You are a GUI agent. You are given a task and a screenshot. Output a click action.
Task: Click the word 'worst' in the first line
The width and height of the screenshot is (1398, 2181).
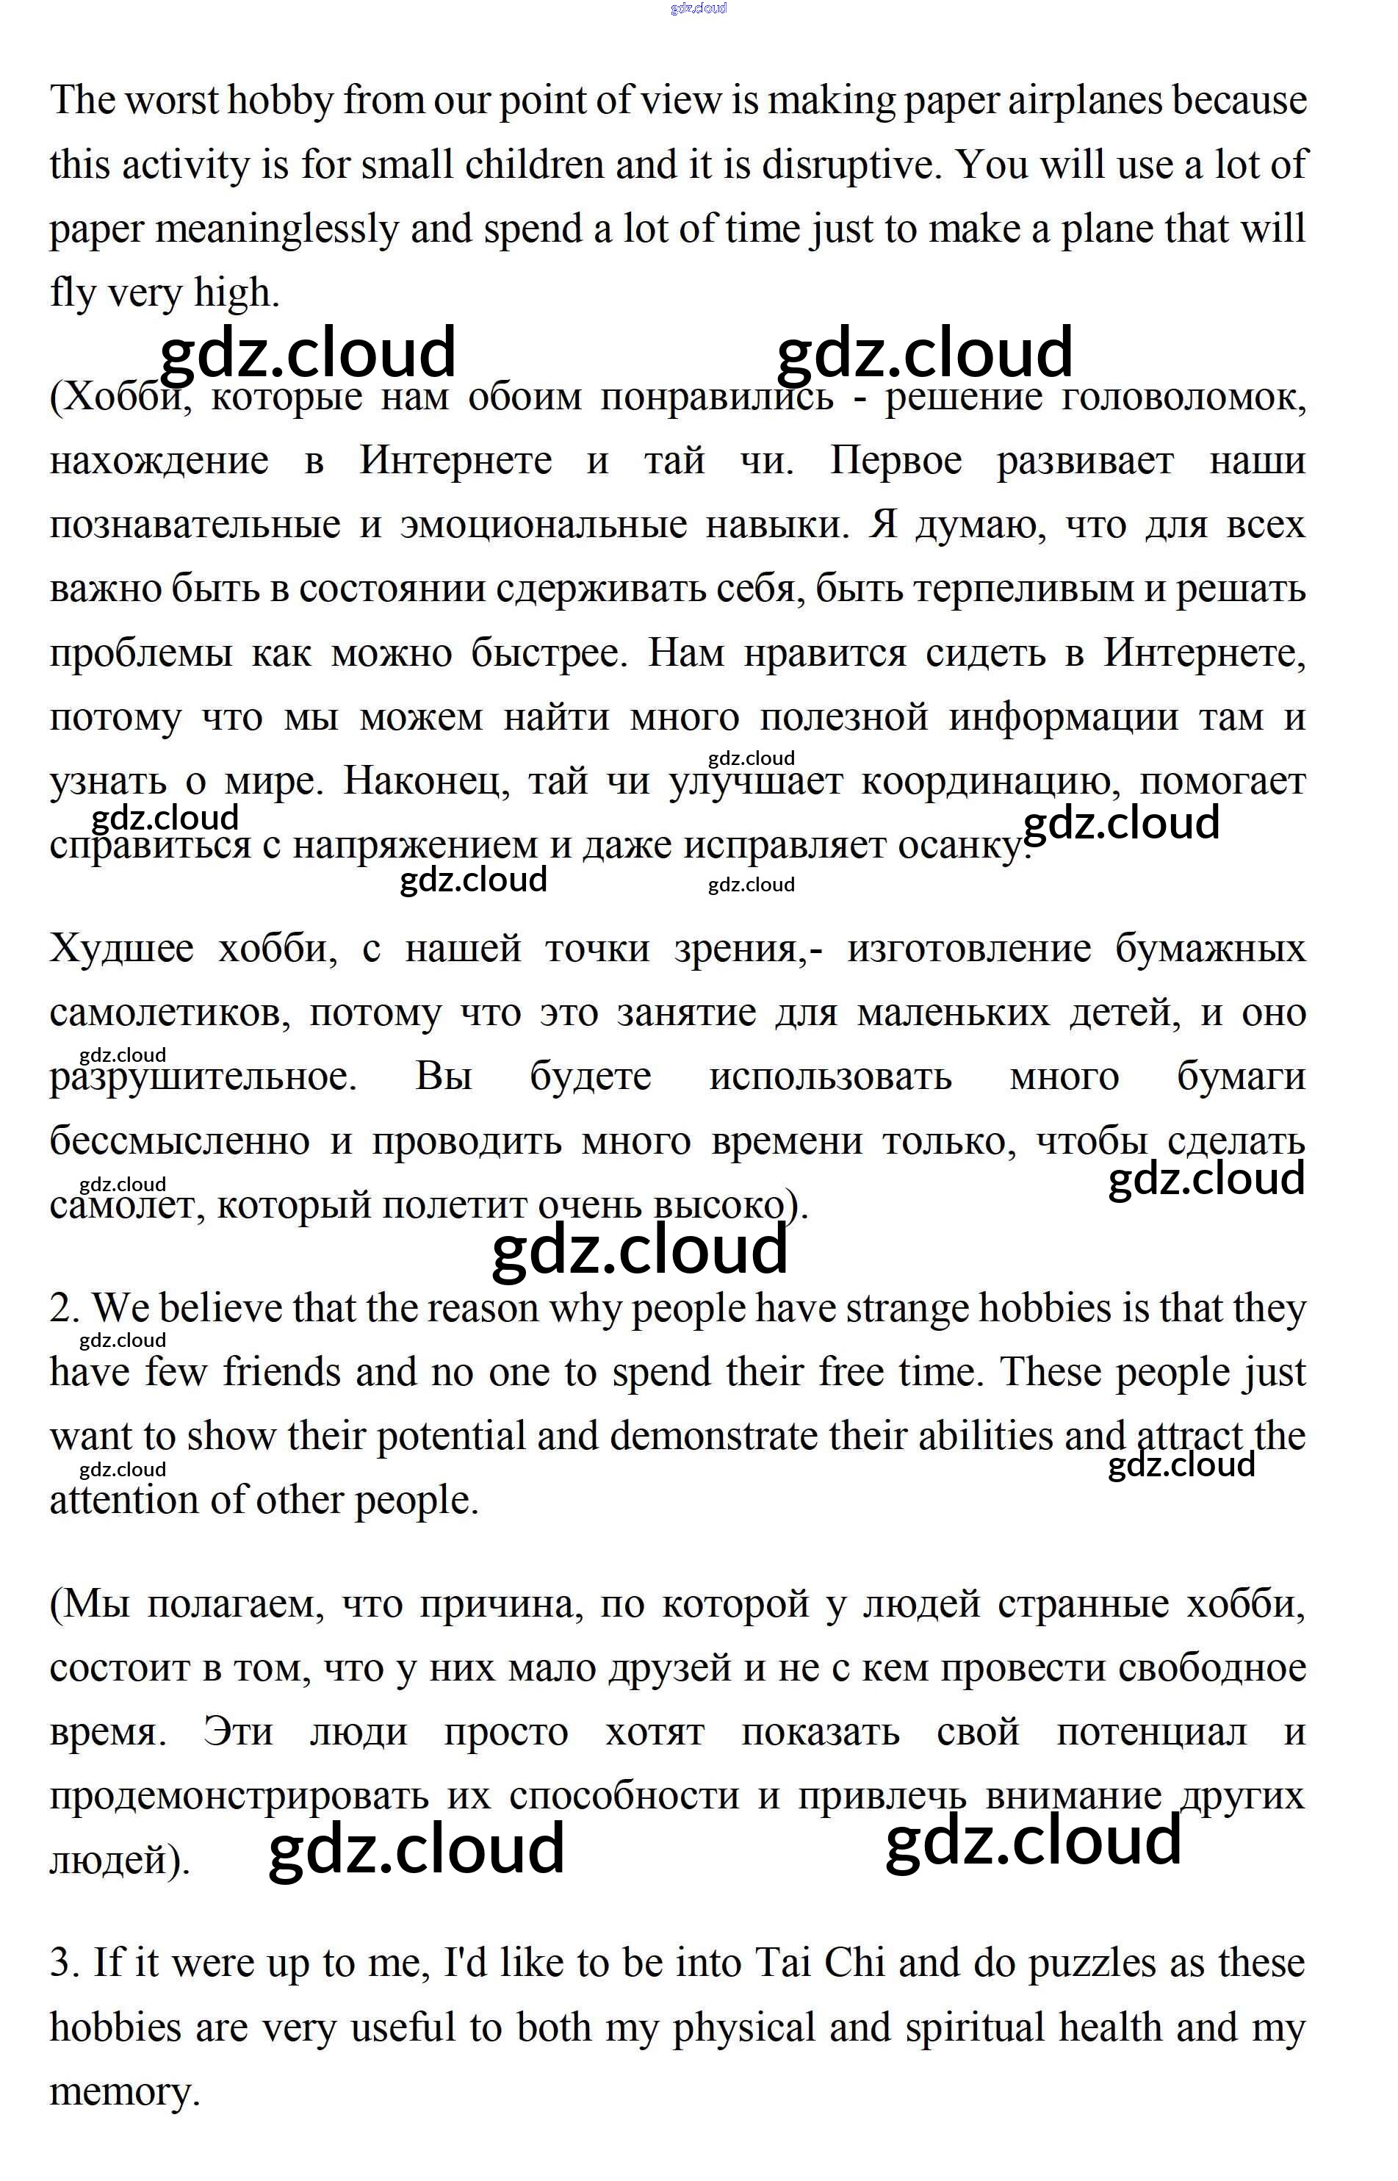tap(170, 101)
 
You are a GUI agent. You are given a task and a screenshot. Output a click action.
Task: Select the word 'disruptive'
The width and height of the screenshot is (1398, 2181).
tap(848, 165)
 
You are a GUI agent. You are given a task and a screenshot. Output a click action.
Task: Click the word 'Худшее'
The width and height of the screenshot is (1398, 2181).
tap(122, 949)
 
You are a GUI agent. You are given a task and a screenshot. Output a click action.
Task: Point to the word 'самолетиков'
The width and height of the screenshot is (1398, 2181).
tap(170, 1013)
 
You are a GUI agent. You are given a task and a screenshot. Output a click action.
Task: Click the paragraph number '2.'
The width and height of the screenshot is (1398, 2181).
tap(65, 1309)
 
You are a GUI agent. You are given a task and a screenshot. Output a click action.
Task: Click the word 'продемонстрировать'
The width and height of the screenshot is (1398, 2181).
tap(238, 1796)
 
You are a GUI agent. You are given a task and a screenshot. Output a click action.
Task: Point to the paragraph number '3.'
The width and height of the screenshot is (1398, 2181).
tap(65, 1963)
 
